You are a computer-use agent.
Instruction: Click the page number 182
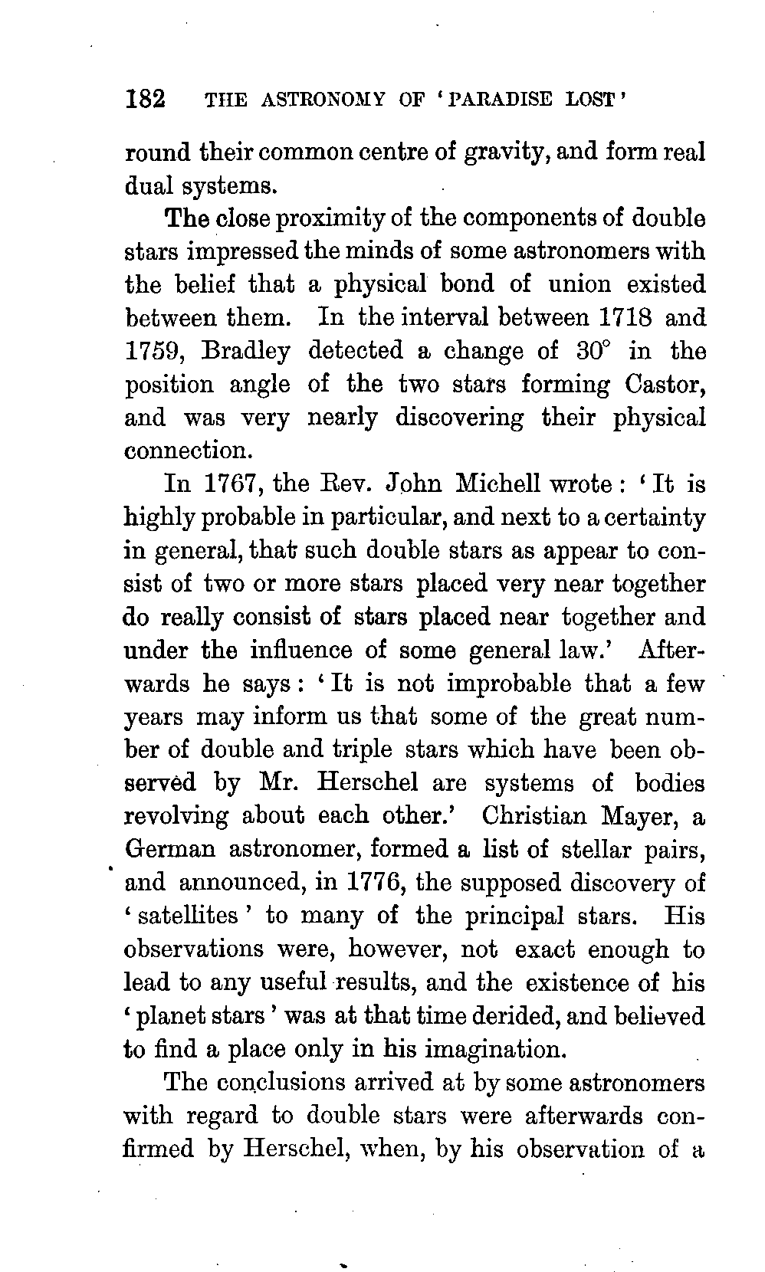(x=145, y=100)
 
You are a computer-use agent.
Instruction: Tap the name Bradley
(x=247, y=351)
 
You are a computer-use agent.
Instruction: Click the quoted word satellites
(x=189, y=916)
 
